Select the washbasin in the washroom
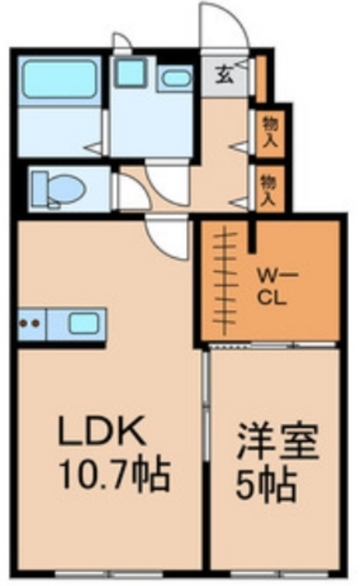pos(175,79)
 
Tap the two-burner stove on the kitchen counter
pos(30,323)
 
